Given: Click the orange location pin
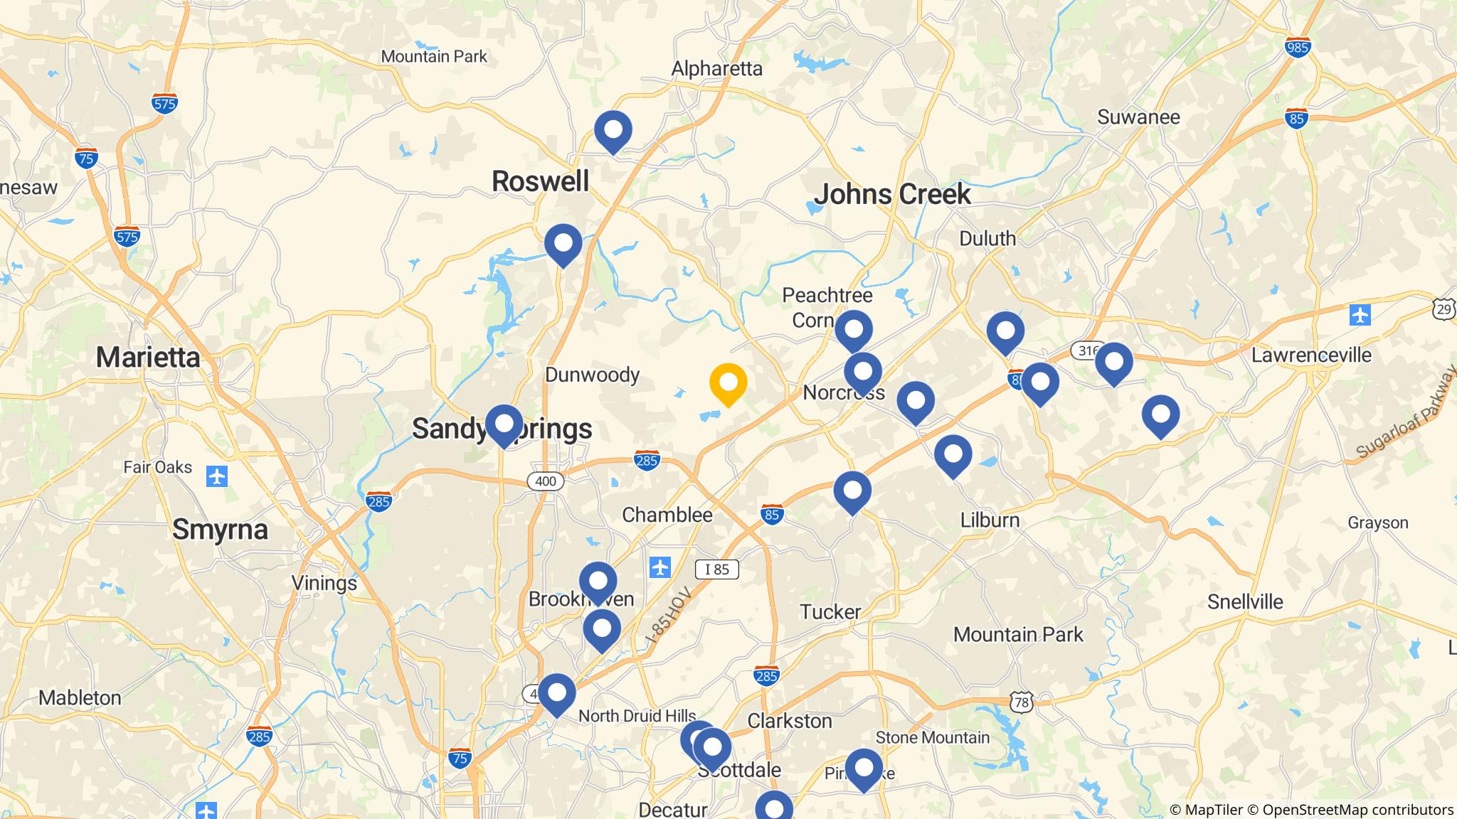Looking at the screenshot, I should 728,384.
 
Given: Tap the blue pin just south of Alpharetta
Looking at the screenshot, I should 613,132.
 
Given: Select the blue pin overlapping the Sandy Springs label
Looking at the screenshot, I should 504,425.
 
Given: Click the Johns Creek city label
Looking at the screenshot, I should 892,194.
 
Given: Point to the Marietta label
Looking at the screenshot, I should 148,357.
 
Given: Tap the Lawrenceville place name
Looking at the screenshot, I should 1311,355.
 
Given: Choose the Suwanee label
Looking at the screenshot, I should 1138,117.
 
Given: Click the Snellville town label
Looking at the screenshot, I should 1245,601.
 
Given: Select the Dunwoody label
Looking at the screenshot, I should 592,375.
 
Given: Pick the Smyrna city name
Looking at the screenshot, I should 220,530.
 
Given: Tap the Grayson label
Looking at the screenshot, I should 1377,523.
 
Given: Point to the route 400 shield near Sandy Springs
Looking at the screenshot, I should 545,481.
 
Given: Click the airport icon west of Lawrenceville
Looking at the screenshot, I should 1360,314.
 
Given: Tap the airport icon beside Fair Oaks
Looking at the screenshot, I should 217,476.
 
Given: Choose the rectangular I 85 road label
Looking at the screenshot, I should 716,569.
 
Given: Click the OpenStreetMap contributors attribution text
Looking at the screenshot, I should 1357,810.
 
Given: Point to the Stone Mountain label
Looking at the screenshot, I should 932,737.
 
